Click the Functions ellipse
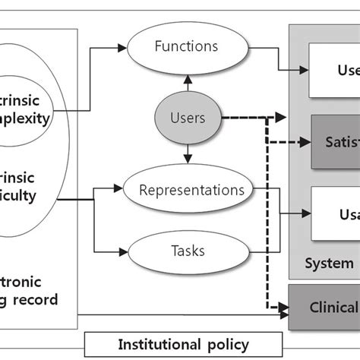coord(186,47)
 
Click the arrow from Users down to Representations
coord(186,156)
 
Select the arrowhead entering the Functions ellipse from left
coord(122,48)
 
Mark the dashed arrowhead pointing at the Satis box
coord(305,142)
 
